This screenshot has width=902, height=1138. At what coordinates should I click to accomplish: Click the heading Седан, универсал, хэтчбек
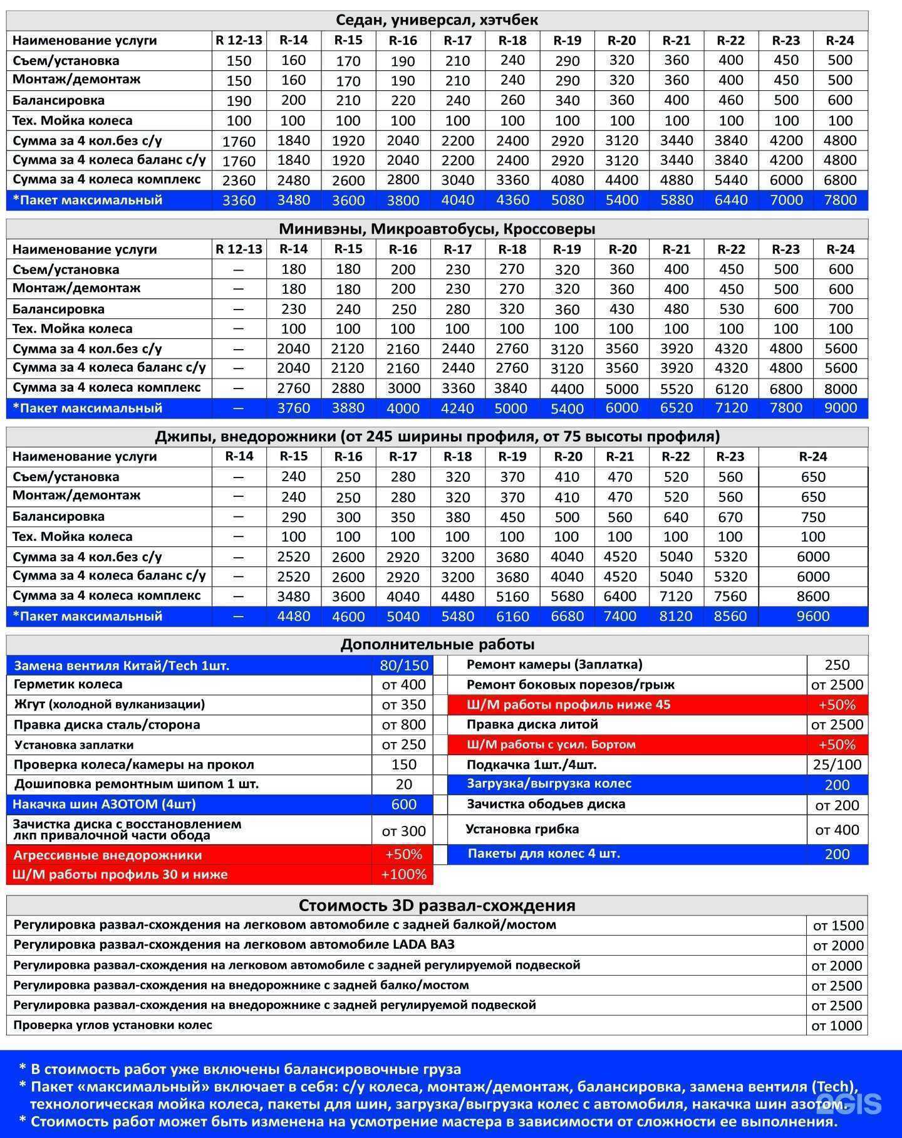coord(437,20)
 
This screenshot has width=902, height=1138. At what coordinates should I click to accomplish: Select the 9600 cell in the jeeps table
coord(812,617)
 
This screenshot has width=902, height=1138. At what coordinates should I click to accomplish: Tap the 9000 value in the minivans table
coord(840,409)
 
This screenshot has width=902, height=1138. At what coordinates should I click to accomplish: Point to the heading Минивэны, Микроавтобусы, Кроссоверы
coord(437,229)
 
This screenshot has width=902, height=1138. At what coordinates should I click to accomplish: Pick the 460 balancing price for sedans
coord(730,100)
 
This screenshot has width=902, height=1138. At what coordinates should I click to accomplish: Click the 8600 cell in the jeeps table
coord(812,597)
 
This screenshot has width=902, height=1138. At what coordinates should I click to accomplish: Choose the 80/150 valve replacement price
coord(403,666)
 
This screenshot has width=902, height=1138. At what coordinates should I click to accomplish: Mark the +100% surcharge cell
coord(403,875)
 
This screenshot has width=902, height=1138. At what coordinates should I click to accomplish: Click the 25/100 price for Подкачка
coord(837,765)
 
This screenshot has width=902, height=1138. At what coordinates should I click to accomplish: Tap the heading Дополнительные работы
coord(437,645)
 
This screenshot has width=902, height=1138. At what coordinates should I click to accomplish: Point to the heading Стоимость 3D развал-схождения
coord(437,906)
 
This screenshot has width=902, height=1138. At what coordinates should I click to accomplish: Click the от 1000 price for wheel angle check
coord(837,1026)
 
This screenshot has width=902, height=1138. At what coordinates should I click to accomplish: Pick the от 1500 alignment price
coord(837,926)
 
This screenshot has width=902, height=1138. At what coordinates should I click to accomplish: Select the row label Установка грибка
coord(522,830)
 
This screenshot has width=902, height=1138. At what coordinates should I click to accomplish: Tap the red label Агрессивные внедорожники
coord(108,855)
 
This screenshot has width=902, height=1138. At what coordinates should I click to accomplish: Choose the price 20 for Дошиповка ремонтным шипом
coord(403,785)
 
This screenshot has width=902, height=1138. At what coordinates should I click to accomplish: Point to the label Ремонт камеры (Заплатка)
coord(554,665)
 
